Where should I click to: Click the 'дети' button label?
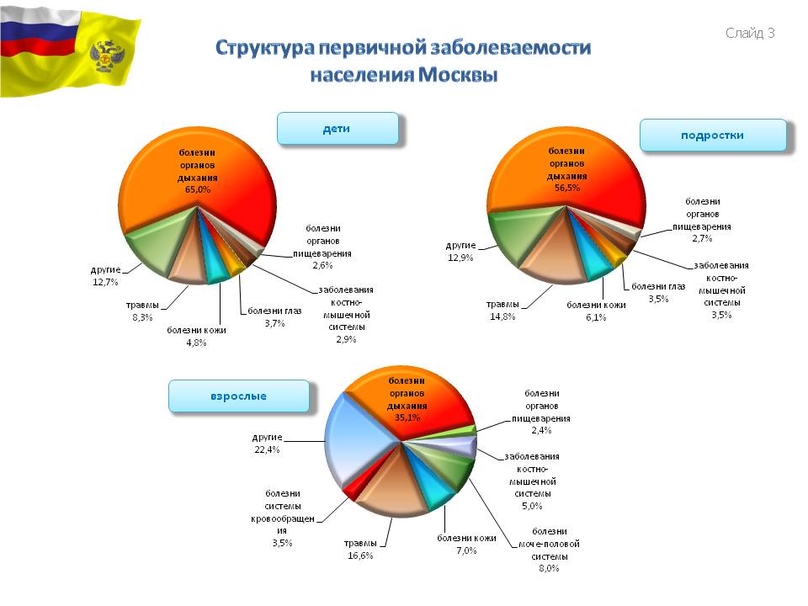pos(337,129)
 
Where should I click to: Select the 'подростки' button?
pos(713,136)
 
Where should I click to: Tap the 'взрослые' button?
pos(238,396)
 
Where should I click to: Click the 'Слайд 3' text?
pos(750,33)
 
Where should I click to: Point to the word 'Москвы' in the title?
pos(458,75)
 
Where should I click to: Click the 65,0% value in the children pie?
pos(198,189)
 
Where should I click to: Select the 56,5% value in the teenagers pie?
pos(566,188)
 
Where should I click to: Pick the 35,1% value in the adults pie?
pos(407,418)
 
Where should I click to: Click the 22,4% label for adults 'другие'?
pos(267,449)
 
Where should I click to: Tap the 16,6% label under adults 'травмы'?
pos(360,555)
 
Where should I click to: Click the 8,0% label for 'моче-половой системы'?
pos(549,568)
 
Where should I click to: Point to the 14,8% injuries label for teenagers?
pos(502,317)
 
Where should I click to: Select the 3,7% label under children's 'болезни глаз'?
pos(274,323)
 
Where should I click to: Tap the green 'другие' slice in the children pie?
pos(155,247)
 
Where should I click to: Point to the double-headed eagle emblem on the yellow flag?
pos(107,56)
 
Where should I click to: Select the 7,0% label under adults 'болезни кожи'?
pos(466,550)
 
